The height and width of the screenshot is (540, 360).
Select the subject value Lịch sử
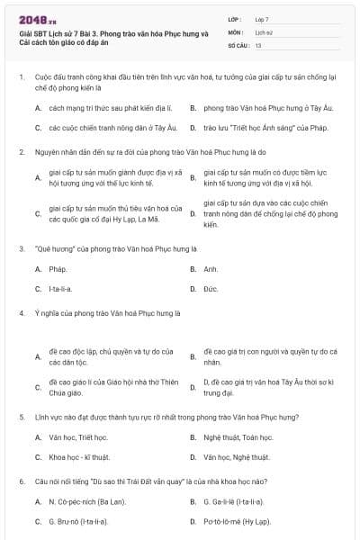[263, 31]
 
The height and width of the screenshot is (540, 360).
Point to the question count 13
[258, 44]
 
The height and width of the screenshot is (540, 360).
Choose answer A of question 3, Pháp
[58, 269]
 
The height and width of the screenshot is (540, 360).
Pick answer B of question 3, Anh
[211, 269]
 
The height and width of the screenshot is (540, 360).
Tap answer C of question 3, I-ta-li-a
[61, 289]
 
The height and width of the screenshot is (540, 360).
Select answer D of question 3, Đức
[211, 289]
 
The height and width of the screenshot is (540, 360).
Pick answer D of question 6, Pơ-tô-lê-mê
[238, 520]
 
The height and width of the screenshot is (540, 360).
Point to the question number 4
[22, 313]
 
